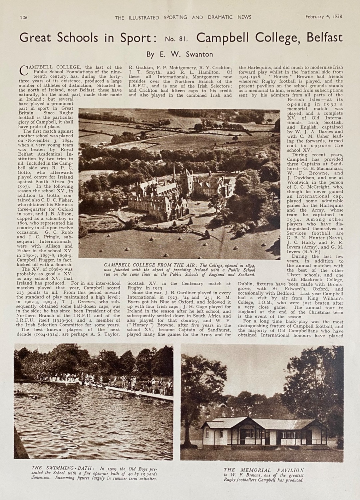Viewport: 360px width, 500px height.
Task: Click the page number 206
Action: click(x=24, y=17)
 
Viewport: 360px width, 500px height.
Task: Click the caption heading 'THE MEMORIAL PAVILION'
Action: click(x=264, y=470)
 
